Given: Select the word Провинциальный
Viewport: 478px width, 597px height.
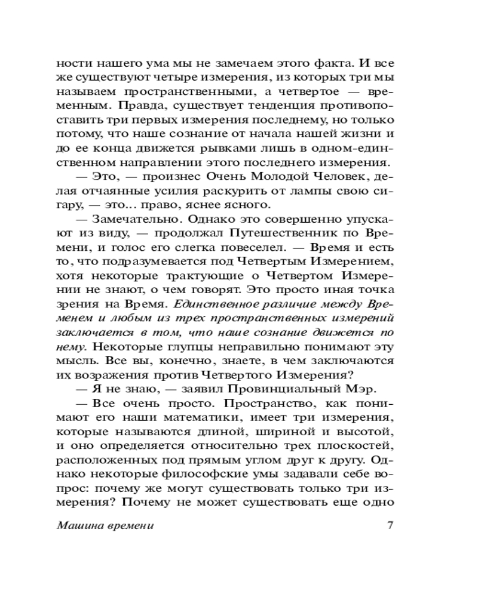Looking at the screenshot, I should tap(278, 389).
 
